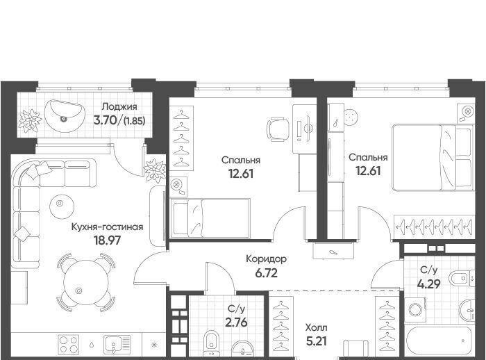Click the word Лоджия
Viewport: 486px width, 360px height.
pos(119,107)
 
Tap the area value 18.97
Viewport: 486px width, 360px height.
pos(107,240)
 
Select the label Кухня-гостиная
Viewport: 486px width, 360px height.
pos(107,227)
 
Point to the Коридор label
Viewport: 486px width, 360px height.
pos(266,259)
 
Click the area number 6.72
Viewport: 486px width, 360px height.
pos(266,273)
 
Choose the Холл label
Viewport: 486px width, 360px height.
pos(316,327)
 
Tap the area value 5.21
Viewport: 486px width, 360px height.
pos(316,341)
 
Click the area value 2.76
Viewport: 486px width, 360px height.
pos(236,322)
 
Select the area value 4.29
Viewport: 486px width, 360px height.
pos(429,284)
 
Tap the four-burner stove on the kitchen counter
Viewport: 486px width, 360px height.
pos(69,344)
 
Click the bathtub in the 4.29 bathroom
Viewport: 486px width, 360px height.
pos(439,341)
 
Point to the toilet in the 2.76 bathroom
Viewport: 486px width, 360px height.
pos(211,343)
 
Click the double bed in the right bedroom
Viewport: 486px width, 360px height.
pos(433,157)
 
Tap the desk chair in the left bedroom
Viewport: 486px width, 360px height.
pos(279,129)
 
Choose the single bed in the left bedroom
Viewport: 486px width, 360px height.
pos(210,218)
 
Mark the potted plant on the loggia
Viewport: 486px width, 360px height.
pos(30,120)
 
